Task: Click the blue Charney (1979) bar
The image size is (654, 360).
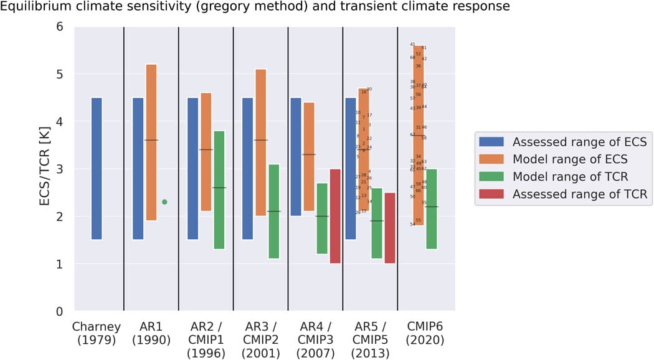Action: pos(97,168)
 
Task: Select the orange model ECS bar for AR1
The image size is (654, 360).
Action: pos(151,142)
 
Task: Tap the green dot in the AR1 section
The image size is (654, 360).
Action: pos(164,202)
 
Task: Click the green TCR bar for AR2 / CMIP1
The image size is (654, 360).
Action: pos(219,190)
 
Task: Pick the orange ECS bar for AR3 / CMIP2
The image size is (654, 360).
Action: pos(260,142)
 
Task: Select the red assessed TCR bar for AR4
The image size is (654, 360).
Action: pos(335,216)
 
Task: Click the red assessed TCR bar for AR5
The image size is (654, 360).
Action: pos(390,228)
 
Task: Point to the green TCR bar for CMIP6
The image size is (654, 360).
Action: pos(431,209)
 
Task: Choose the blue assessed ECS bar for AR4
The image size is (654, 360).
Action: pos(296,156)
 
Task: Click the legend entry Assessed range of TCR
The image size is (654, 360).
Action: pos(580,194)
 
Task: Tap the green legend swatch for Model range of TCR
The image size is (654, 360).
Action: pos(492,177)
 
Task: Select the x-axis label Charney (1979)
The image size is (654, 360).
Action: pos(97,333)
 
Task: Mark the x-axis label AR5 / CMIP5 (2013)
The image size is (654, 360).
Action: pos(370,340)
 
